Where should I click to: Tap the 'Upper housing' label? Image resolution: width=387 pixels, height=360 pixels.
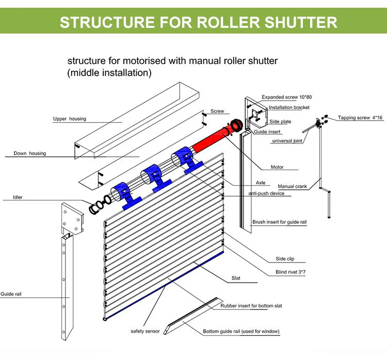70,119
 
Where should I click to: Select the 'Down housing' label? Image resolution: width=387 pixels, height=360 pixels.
29,153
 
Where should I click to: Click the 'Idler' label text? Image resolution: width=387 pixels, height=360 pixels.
18,197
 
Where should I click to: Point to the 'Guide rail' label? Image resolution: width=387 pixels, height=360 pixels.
11,294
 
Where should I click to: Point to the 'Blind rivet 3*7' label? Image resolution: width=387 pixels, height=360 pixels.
291,272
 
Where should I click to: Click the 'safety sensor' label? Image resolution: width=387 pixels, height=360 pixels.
145,331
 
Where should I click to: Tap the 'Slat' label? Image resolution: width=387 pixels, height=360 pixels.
236,279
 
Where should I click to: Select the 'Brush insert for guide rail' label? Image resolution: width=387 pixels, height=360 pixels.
279,222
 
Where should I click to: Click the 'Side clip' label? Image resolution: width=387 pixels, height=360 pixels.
286,258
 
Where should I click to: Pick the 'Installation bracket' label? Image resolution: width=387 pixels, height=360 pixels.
289,108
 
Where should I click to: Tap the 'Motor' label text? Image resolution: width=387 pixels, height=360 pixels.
277,167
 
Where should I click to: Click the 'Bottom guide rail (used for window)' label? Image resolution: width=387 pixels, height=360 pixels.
241,331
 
